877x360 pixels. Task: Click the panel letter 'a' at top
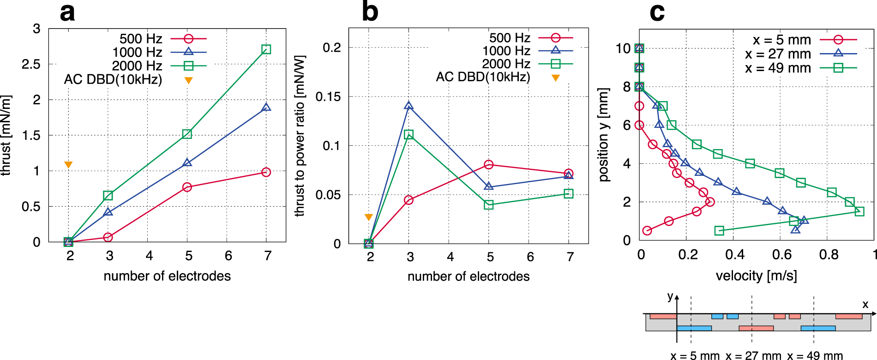point(67,13)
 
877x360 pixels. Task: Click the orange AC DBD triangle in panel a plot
point(68,165)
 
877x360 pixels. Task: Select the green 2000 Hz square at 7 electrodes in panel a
point(266,49)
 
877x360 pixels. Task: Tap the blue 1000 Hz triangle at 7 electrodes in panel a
point(266,108)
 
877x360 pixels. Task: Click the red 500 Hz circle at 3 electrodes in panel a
point(108,237)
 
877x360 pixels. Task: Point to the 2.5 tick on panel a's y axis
point(31,64)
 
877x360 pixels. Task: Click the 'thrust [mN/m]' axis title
point(6,135)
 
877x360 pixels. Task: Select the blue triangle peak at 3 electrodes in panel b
point(408,106)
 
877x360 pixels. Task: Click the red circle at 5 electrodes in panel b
point(489,165)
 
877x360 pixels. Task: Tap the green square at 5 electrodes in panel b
point(489,205)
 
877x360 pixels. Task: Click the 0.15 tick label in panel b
point(328,96)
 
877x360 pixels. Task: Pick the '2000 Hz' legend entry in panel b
point(506,64)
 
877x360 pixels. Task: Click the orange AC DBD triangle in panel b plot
point(368,217)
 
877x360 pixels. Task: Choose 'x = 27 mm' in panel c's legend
point(778,54)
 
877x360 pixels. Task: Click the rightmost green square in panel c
point(859,211)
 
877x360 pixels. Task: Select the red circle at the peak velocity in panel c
point(710,202)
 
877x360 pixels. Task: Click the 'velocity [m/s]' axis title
point(756,276)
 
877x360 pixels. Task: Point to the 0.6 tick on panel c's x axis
point(781,255)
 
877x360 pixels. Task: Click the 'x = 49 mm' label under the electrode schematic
point(815,355)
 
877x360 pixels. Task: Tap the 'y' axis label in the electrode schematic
point(670,296)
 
